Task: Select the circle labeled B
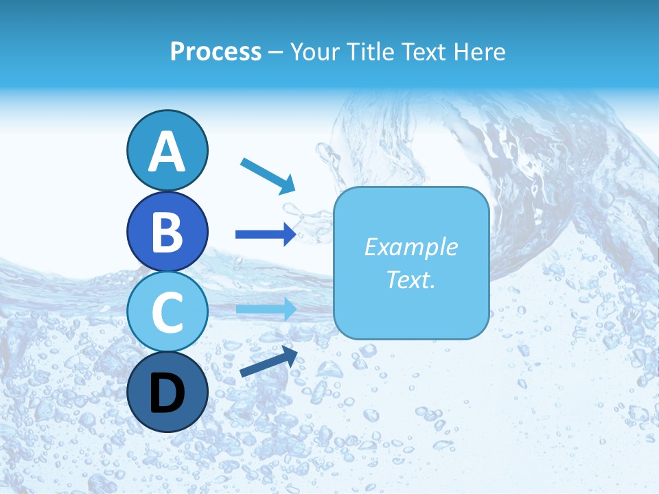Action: tap(167, 231)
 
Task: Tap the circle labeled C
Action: tap(167, 312)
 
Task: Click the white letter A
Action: tap(167, 152)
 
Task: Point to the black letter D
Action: tap(167, 394)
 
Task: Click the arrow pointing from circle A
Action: tap(268, 176)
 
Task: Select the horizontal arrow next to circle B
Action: tap(266, 235)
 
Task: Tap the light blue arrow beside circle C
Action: tap(266, 309)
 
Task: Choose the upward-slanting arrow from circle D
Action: tap(268, 362)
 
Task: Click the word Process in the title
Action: tap(216, 52)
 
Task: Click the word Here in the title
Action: tap(481, 52)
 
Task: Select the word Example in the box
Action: tap(411, 247)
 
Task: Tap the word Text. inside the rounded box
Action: tap(411, 280)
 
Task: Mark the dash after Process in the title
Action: tap(276, 53)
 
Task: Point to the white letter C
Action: tap(167, 313)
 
